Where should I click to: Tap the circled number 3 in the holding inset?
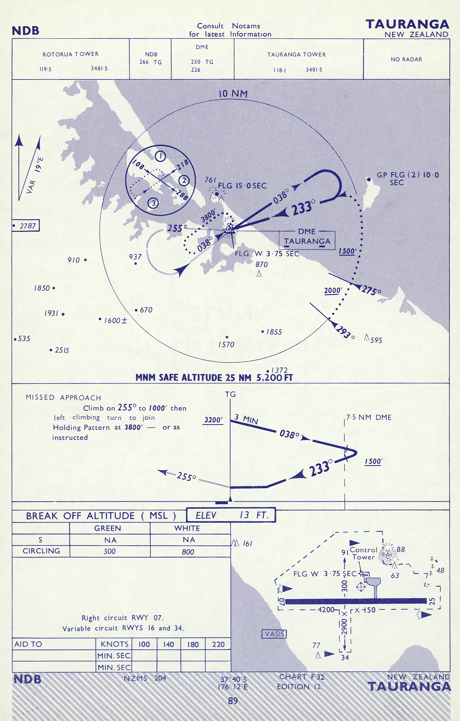click(153, 203)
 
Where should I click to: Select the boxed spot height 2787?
click(26, 226)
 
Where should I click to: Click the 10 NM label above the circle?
click(233, 94)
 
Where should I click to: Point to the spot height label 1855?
click(274, 332)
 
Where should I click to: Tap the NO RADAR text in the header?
click(406, 59)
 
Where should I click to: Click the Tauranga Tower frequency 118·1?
click(280, 70)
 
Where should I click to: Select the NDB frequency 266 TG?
click(150, 62)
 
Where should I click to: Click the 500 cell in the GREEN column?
click(109, 551)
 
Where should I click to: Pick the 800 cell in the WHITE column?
click(187, 552)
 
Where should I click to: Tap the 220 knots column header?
click(218, 644)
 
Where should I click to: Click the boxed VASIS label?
click(274, 634)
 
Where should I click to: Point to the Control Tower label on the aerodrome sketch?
click(364, 554)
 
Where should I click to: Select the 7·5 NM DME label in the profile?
click(369, 417)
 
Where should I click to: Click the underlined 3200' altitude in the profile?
click(213, 420)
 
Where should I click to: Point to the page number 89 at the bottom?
click(233, 700)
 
